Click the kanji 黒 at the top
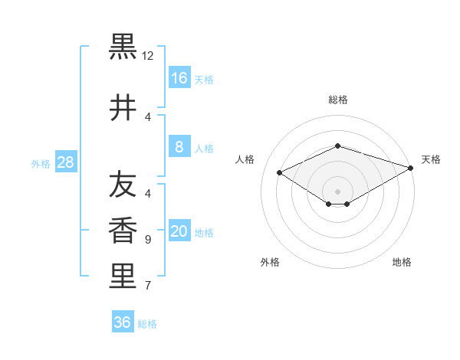[x=123, y=47]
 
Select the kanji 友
[x=123, y=185]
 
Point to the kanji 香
[x=123, y=231]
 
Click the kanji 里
[x=123, y=277]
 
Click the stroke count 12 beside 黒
[x=148, y=56]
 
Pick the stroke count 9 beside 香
[x=148, y=240]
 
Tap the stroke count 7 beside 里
[x=148, y=286]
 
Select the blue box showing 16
[x=179, y=78]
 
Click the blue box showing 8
[x=179, y=147]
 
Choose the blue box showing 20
[x=179, y=231]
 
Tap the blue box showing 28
[x=65, y=162]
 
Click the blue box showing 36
[x=123, y=322]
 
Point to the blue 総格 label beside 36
[x=147, y=324]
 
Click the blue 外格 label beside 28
[x=41, y=163]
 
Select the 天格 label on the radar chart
[x=431, y=159]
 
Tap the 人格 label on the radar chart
[x=245, y=159]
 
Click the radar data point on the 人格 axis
[x=280, y=173]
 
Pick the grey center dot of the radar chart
[x=337, y=191]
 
